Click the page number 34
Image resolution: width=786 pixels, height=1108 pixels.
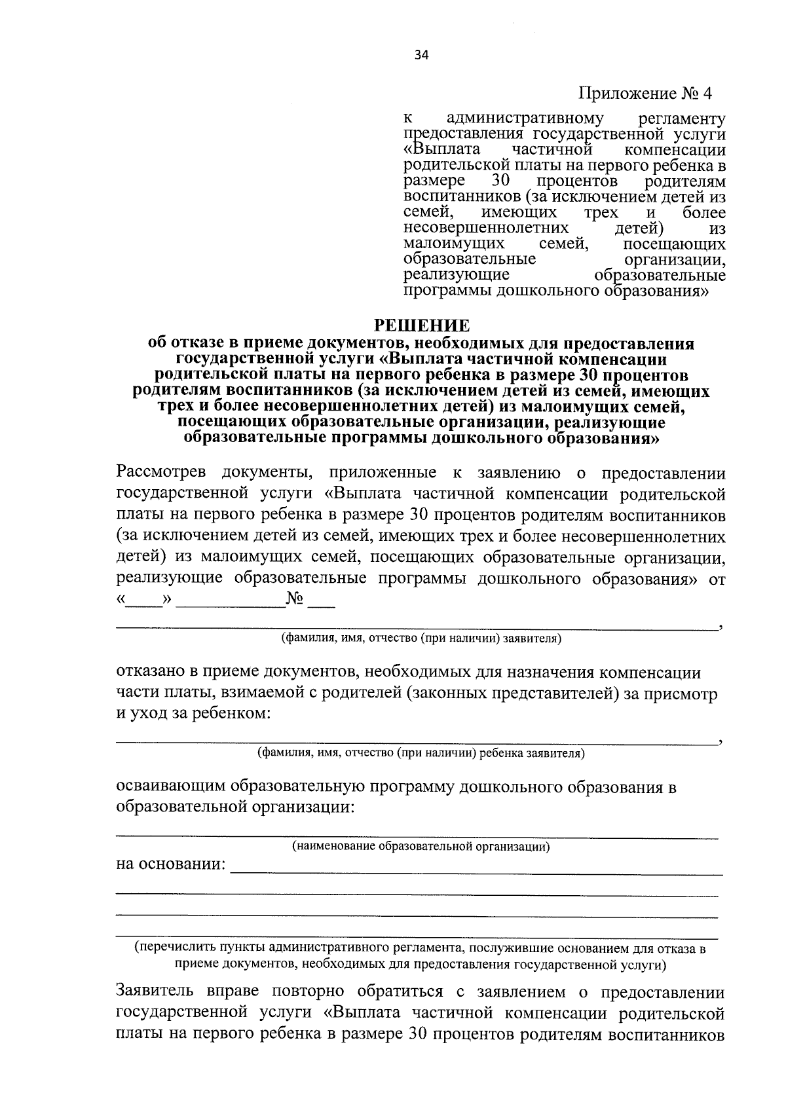[x=421, y=56]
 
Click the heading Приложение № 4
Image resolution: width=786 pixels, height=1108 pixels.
[x=645, y=94]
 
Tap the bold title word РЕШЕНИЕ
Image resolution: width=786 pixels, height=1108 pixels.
[x=421, y=325]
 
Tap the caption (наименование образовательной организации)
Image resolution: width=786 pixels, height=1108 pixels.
[x=421, y=847]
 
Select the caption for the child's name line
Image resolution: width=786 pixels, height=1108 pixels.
[x=421, y=753]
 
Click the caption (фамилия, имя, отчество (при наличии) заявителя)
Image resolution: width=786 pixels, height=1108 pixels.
[x=421, y=637]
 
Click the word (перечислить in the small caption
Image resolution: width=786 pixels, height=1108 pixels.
[x=166, y=948]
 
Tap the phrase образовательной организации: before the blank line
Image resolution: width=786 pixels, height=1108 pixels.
[x=234, y=806]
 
